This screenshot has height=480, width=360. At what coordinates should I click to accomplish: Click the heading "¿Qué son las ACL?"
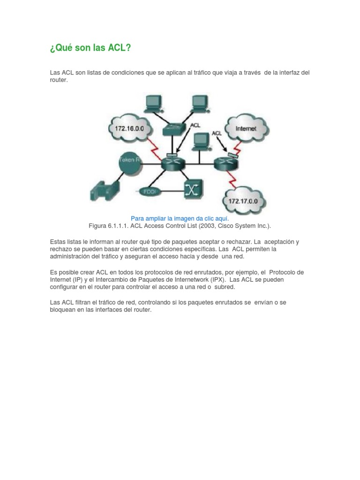coord(90,48)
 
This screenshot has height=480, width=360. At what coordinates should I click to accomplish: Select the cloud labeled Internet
coord(246,127)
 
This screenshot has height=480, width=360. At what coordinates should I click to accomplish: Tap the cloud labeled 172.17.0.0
coord(244,201)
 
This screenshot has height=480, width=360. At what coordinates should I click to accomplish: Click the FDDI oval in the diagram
coord(149,191)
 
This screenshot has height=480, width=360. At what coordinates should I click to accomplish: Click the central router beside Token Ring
coord(173,163)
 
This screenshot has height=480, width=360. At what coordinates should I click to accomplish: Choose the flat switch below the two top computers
coord(175,128)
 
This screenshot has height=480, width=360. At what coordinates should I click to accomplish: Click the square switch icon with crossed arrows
coord(192,189)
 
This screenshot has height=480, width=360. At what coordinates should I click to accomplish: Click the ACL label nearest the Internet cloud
coord(216,133)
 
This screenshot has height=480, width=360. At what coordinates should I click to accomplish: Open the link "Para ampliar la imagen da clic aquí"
coord(180,218)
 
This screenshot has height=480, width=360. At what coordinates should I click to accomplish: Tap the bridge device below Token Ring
coord(105,189)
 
